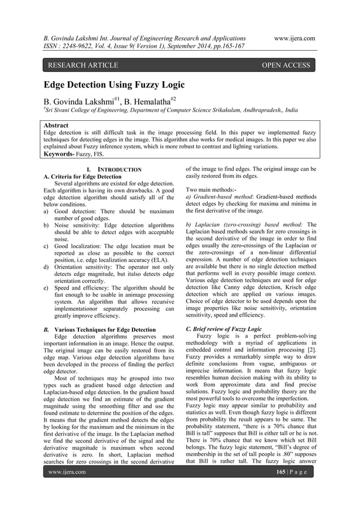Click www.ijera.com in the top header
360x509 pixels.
(x=293, y=38)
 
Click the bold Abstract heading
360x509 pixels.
(x=56, y=125)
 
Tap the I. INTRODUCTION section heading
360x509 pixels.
(x=110, y=169)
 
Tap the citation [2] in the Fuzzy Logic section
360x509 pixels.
(x=311, y=356)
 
